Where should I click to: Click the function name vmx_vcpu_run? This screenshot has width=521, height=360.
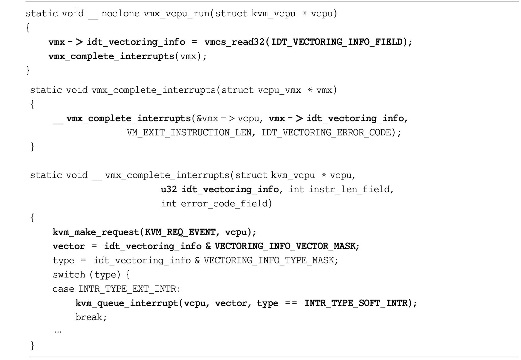pos(177,14)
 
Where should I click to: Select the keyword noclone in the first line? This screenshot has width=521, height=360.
pos(121,13)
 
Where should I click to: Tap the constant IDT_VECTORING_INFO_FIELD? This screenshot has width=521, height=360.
pos(337,42)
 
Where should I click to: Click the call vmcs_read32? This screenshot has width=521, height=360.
pos(235,42)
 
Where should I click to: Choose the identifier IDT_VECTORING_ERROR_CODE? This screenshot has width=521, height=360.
pos(326,132)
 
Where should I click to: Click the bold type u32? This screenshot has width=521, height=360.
pos(169,189)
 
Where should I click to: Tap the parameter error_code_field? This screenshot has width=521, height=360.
pos(224,204)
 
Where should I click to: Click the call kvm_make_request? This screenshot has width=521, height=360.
pos(96,232)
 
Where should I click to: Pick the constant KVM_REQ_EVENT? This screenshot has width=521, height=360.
pos(180,232)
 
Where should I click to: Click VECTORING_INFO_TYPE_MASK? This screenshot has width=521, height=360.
pos(269,260)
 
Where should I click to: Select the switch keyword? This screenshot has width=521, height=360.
pos(69,275)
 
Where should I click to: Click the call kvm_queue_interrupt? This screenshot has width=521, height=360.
pos(127,303)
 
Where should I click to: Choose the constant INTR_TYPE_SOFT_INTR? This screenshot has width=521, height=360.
pos(356,303)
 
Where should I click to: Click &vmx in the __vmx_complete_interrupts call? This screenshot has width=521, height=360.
pos(208,119)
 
